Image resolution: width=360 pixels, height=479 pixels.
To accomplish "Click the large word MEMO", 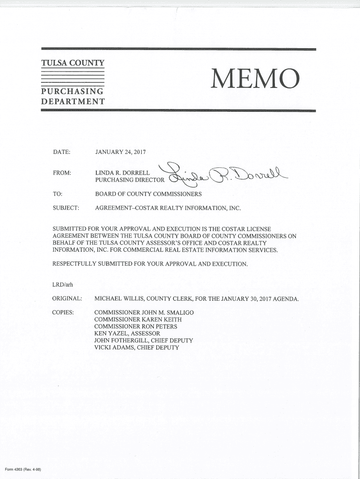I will [255, 78].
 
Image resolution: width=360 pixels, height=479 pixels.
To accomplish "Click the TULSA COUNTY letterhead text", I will [72, 63].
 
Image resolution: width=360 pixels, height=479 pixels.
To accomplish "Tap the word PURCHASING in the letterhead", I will [72, 91].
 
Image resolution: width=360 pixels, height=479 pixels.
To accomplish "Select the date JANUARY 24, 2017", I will [121, 152].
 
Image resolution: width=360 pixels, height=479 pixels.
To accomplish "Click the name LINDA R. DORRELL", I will [122, 174].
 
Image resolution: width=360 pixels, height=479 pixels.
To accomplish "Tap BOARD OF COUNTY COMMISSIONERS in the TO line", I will [148, 194].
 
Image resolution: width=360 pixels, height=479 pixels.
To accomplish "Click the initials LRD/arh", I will [63, 284].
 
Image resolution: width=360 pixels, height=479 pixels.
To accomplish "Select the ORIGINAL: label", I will [67, 298].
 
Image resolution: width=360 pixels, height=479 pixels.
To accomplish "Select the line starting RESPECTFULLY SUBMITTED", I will [150, 264].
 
